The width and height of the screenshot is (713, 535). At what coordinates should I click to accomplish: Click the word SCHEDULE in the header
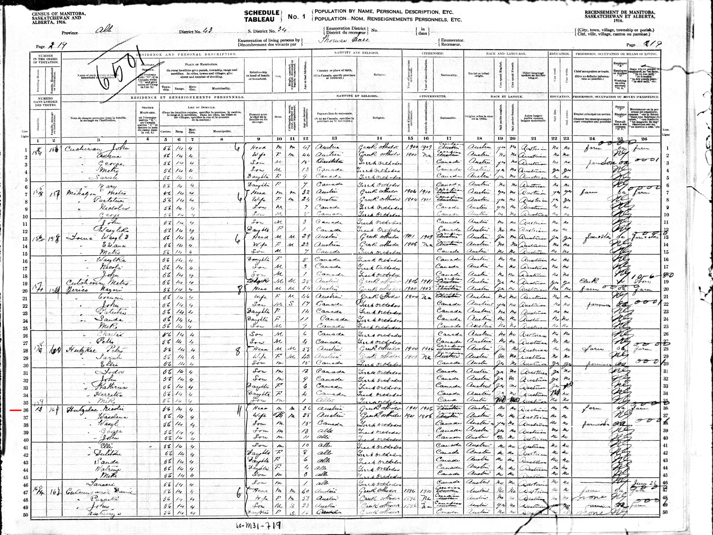point(261,13)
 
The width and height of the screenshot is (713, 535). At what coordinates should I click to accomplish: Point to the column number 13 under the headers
point(334,139)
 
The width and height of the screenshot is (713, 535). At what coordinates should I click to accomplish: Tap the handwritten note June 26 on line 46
point(644,484)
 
